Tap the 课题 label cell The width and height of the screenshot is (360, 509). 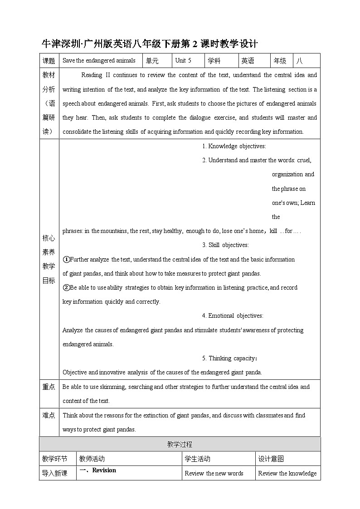point(49,61)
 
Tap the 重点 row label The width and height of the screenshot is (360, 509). point(49,387)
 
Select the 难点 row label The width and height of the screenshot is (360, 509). point(49,415)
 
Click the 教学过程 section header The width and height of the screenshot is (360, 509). point(180,444)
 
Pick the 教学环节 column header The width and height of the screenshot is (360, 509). point(54,459)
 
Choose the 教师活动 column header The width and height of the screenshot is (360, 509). point(92,459)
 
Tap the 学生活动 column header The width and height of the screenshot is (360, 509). point(198,459)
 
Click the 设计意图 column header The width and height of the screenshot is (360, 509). point(271,459)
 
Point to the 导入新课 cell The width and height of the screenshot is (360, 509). point(54,473)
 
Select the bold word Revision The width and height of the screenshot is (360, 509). point(104,470)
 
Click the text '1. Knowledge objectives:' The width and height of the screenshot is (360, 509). point(234,146)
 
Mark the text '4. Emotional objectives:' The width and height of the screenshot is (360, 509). point(232,315)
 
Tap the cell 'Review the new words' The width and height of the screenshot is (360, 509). point(214,473)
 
